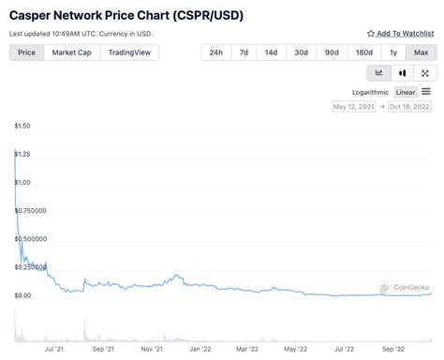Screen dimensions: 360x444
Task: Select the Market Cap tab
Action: pyautogui.click(x=71, y=52)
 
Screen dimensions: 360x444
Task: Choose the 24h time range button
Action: pyautogui.click(x=215, y=52)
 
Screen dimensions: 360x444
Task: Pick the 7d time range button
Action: pyautogui.click(x=244, y=52)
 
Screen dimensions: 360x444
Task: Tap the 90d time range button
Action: pyautogui.click(x=332, y=52)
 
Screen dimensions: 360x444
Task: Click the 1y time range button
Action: pyautogui.click(x=392, y=52)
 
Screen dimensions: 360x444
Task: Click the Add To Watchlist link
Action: pyautogui.click(x=399, y=34)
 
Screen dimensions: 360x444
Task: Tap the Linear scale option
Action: pyautogui.click(x=406, y=92)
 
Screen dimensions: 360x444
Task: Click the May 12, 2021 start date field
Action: pyautogui.click(x=355, y=107)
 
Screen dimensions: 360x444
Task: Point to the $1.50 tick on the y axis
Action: pyautogui.click(x=22, y=126)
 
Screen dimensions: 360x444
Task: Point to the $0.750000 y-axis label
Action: pyautogui.click(x=31, y=211)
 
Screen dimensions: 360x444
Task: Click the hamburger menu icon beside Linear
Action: pyautogui.click(x=426, y=92)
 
